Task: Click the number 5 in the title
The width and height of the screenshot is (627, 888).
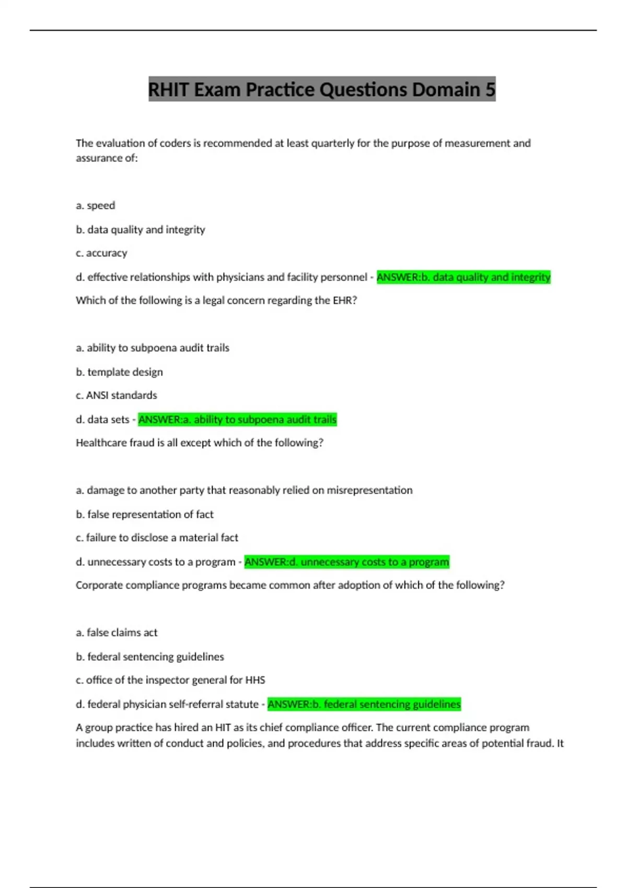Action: [x=490, y=90]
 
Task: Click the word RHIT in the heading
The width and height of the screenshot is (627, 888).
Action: [x=168, y=90]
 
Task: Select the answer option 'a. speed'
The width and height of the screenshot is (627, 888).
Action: [x=96, y=205]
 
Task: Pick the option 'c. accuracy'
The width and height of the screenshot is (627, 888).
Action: [x=101, y=253]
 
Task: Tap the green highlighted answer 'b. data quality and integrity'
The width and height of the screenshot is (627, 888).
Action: [x=463, y=277]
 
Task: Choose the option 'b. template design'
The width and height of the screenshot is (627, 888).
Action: [x=119, y=372]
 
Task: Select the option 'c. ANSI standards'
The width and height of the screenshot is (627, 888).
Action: [x=116, y=395]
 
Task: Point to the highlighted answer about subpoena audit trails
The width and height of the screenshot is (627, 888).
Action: [x=237, y=419]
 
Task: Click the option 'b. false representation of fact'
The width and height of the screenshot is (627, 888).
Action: [x=145, y=515]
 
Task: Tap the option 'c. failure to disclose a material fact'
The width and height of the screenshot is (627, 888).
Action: [x=157, y=538]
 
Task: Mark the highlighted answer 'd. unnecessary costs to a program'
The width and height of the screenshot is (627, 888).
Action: [x=346, y=562]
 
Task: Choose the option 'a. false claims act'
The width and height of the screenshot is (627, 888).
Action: [x=117, y=633]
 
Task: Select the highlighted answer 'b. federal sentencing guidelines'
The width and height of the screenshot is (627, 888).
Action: [x=364, y=704]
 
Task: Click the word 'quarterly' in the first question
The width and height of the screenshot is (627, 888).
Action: [x=333, y=143]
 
